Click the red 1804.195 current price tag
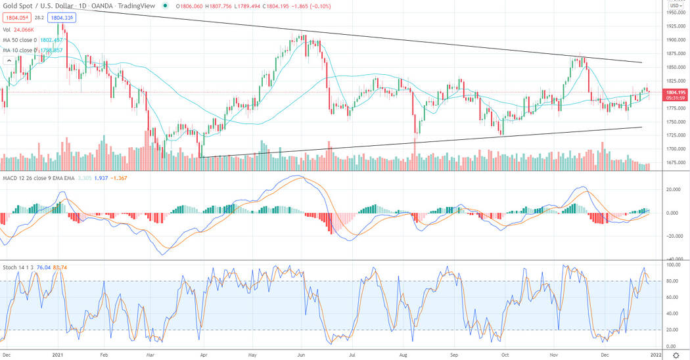676,93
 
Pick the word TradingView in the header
133,6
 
